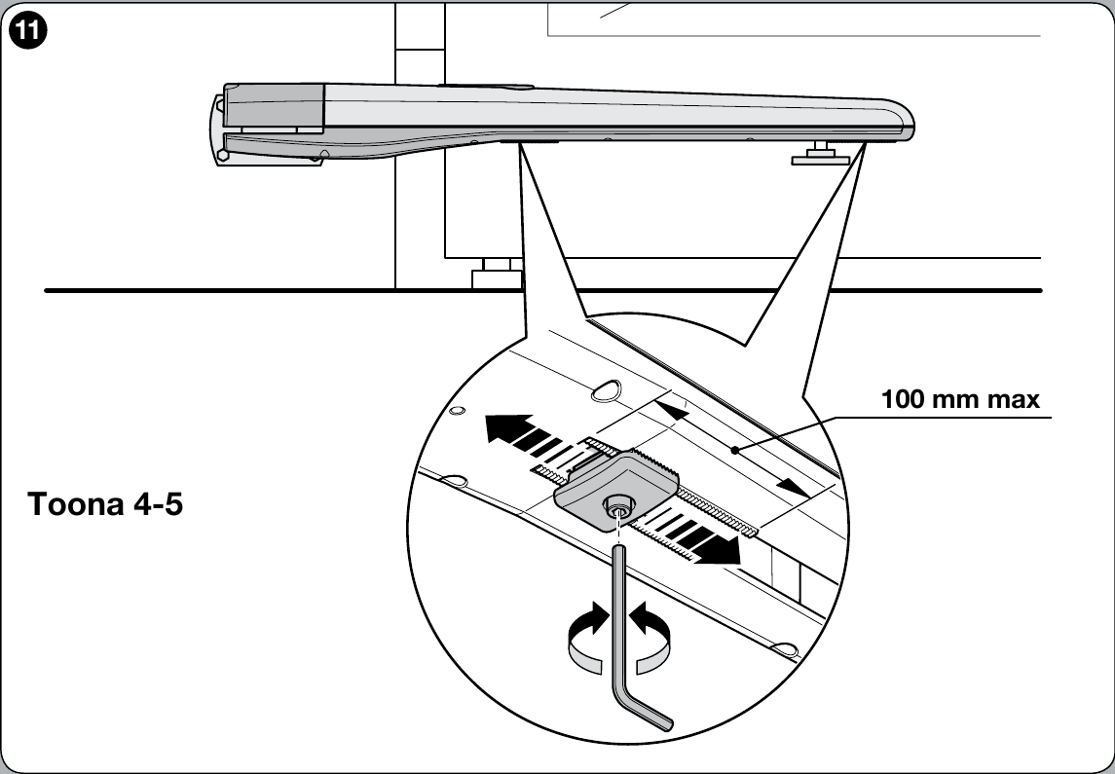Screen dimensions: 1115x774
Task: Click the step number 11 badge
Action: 28,31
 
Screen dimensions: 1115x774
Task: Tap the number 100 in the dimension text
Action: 903,399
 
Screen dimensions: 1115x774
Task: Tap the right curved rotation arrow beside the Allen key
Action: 652,637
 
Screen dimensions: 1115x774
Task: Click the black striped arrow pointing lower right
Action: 689,536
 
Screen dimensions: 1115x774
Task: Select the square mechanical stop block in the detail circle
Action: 616,491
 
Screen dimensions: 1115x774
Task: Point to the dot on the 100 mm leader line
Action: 734,449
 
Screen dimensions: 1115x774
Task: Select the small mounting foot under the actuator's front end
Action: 822,155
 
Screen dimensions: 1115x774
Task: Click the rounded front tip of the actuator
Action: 905,120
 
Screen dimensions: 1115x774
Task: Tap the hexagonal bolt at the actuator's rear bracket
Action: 223,154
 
